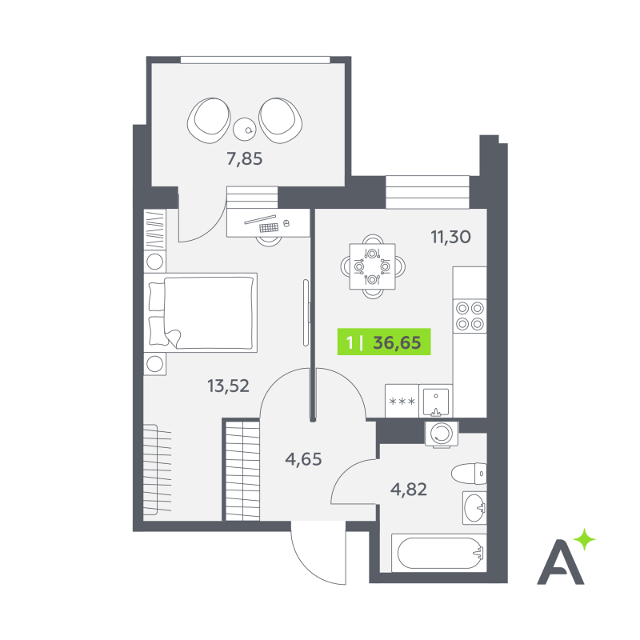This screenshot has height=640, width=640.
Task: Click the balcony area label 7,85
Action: (245, 158)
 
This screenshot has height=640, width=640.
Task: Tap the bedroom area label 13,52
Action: (228, 386)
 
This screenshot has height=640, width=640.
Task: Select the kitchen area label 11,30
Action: (451, 237)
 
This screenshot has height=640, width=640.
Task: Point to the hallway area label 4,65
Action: (303, 459)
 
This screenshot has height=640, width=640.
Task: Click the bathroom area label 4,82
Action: (409, 489)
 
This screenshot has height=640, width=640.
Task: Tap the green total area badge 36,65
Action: (384, 342)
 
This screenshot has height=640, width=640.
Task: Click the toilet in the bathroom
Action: (469, 474)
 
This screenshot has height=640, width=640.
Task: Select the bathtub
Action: (439, 553)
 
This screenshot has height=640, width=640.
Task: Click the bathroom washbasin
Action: (474, 508)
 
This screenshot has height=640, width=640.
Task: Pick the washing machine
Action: (442, 434)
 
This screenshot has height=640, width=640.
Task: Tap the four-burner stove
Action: (470, 316)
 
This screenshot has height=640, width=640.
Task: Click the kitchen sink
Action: (435, 401)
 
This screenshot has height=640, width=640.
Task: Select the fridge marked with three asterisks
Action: (402, 401)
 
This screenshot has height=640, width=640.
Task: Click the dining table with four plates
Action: (372, 266)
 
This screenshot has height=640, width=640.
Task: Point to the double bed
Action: (201, 313)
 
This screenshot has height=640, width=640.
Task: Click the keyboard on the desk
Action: (269, 227)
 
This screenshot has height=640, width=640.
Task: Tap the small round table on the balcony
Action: (244, 129)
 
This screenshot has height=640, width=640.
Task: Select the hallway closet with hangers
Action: (243, 470)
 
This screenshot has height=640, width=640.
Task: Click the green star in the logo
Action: (585, 539)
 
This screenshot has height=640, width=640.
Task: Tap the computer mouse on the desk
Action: (286, 223)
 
